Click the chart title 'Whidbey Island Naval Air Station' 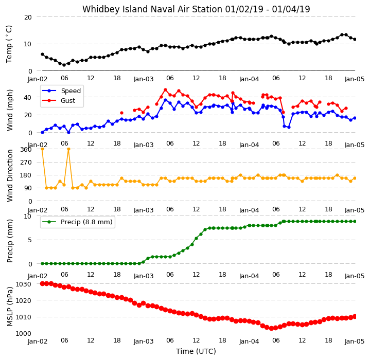(x=152, y=9)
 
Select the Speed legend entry (x=61, y=91)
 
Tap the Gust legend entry (x=59, y=101)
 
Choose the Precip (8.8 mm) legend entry (x=77, y=222)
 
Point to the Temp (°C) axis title (x=9, y=44)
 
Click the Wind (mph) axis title (x=10, y=110)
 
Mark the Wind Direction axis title (x=10, y=176)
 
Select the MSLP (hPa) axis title (x=10, y=307)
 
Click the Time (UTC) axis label (x=196, y=351)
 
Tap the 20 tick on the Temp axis (x=28, y=17)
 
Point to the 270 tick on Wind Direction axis (x=26, y=163)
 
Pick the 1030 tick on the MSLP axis (x=23, y=284)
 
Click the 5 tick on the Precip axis (x=30, y=240)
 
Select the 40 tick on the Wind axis (x=28, y=97)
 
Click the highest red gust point (x=165, y=90)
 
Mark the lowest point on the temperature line (x=64, y=65)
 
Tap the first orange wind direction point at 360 (x=43, y=149)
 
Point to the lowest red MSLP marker (x=271, y=328)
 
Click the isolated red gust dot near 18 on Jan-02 (x=122, y=113)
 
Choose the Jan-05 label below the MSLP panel (x=355, y=341)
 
